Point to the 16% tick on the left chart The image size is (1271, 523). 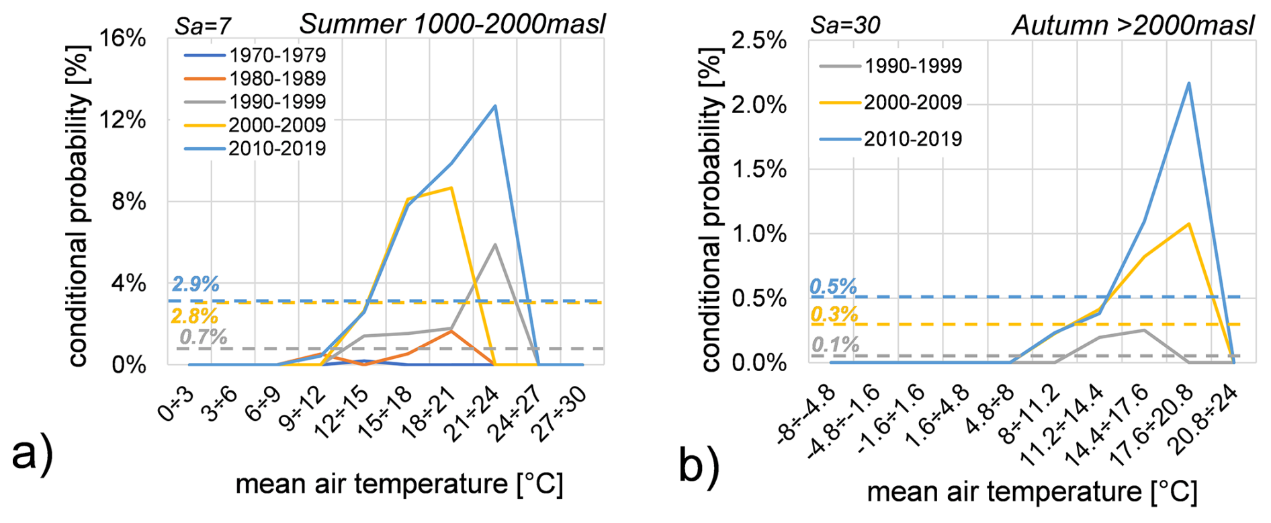pos(123,38)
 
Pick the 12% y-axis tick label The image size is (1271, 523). pos(123,120)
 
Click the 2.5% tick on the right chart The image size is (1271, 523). pos(758,40)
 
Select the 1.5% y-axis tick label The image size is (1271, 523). pos(758,169)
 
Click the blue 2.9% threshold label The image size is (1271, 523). pos(195,284)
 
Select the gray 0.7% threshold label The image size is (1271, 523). pos(203,337)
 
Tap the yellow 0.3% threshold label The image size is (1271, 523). pos(834,315)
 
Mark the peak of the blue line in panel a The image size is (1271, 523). pos(495,106)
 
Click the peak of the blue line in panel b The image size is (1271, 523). pos(1189,83)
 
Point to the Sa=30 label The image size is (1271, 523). pos(845,26)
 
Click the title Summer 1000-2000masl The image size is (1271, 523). pos(452,24)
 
